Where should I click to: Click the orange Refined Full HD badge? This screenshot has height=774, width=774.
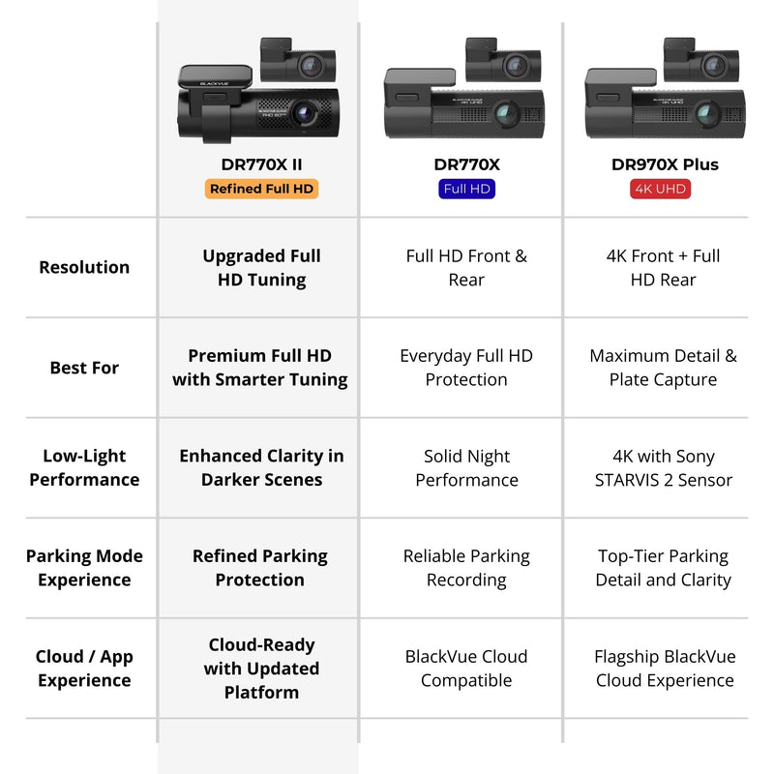click(x=261, y=189)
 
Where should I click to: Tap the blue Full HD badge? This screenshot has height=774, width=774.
click(x=466, y=189)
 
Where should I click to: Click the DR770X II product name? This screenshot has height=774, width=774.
click(x=261, y=164)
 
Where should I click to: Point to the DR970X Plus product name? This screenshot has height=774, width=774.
click(x=665, y=164)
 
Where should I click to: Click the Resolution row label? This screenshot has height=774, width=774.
click(x=84, y=267)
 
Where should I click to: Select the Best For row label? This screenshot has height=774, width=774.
click(x=84, y=368)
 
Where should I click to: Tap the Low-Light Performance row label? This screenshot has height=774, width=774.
click(x=84, y=467)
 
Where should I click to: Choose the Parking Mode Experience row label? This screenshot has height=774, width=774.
click(x=84, y=568)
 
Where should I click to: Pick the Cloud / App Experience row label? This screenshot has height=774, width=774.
click(x=84, y=668)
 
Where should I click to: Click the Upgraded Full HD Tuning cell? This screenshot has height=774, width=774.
click(x=261, y=268)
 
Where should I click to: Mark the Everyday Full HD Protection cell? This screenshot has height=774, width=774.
click(x=466, y=368)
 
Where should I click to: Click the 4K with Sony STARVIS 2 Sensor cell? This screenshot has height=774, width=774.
click(x=664, y=467)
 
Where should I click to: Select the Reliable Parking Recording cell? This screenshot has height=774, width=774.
click(x=466, y=568)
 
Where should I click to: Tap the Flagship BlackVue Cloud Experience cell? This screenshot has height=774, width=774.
click(x=665, y=668)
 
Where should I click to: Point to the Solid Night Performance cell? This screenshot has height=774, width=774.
click(x=466, y=467)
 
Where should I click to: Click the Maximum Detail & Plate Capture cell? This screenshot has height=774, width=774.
click(x=664, y=368)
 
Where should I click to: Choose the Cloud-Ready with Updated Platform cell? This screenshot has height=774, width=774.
click(x=261, y=668)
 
